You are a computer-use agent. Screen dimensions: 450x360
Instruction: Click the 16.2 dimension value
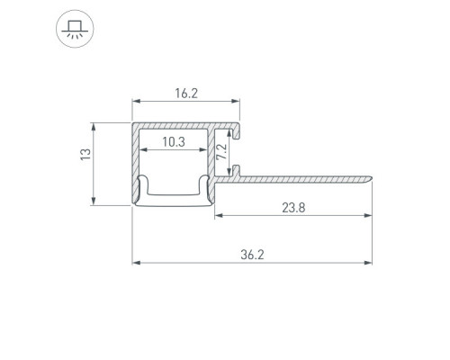pos(186,94)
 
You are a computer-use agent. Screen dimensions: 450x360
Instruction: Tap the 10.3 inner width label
pos(174,142)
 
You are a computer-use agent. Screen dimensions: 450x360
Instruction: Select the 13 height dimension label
pos(85,154)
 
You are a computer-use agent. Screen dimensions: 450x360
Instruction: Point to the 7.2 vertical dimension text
pos(221,152)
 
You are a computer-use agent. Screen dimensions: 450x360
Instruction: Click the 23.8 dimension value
pos(293,208)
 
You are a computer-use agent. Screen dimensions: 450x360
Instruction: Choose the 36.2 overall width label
pos(252,255)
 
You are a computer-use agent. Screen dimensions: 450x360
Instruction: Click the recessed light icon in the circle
pos(75,29)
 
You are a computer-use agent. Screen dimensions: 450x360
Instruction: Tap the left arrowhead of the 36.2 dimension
pos(136,263)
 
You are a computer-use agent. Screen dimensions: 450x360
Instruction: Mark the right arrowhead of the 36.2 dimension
pos(368,263)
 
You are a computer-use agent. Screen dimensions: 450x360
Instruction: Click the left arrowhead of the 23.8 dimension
pos(219,215)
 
